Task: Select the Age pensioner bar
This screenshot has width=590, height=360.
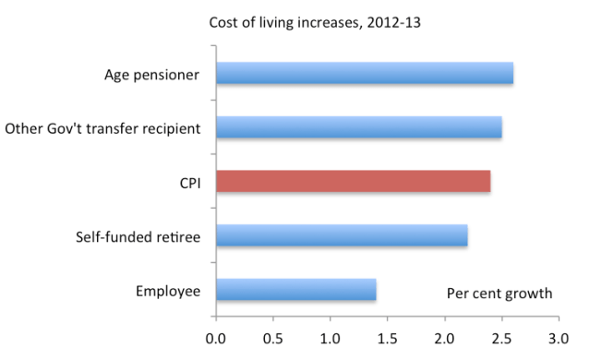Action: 364,73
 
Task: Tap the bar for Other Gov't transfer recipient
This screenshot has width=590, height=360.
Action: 358,127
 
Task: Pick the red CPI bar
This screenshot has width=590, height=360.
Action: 353,182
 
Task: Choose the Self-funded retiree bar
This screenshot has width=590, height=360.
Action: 342,235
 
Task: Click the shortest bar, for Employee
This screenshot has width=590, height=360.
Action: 295,290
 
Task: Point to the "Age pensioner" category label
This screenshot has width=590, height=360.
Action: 152,75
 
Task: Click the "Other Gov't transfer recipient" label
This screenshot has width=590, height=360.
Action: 102,128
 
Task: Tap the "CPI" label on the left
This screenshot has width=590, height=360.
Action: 187,182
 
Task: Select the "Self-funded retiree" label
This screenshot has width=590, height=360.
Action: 138,236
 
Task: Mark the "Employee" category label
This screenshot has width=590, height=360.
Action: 167,291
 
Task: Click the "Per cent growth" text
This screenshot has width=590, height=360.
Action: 500,294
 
